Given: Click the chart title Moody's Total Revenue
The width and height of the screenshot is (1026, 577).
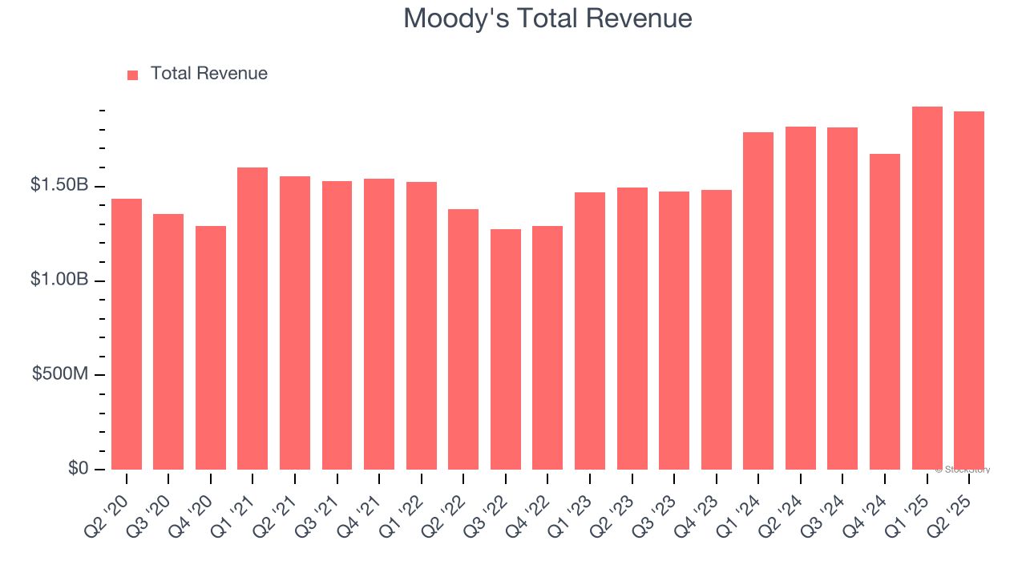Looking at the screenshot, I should click(x=547, y=18).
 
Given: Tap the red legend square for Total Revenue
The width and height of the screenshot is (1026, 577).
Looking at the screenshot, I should click(x=133, y=75).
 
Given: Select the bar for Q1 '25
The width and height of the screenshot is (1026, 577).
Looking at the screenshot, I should click(x=927, y=288).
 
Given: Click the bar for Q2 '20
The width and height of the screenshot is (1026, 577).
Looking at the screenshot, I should click(x=127, y=334).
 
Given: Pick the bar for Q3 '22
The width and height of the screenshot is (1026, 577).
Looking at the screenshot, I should click(x=506, y=349).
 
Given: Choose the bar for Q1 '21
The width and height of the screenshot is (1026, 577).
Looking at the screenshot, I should click(x=252, y=318).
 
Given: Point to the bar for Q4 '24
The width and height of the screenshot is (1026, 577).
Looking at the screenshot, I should click(x=885, y=312).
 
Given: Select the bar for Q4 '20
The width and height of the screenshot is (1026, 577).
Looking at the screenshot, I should click(x=211, y=348).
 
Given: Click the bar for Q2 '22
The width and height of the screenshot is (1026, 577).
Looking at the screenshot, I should click(x=463, y=339).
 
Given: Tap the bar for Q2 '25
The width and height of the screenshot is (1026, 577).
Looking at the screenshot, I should click(x=969, y=290).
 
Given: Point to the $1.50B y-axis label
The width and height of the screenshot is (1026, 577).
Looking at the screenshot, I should click(x=59, y=185).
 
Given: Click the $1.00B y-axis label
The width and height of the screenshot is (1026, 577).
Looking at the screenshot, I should click(x=59, y=280).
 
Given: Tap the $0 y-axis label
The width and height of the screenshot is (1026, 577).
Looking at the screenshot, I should click(x=77, y=468).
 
